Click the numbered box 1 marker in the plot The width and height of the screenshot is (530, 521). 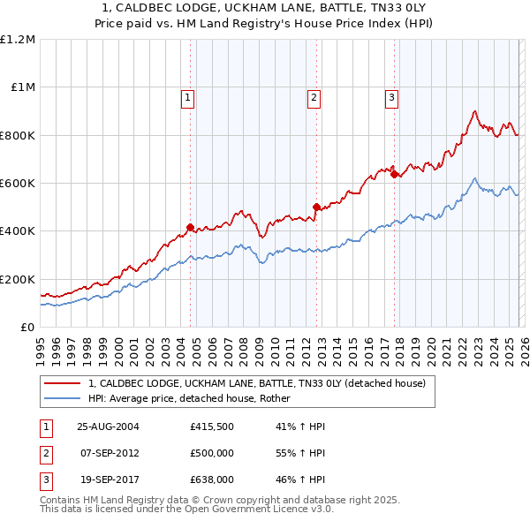(x=189, y=98)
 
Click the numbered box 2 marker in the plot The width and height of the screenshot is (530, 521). (x=314, y=98)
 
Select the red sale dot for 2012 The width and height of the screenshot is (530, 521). (x=315, y=208)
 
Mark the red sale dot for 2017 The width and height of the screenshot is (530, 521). (x=394, y=175)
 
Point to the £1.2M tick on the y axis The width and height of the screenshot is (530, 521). (x=18, y=40)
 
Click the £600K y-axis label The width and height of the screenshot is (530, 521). (x=18, y=184)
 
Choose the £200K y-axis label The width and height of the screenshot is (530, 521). (x=18, y=279)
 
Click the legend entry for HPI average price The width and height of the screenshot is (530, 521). (x=195, y=398)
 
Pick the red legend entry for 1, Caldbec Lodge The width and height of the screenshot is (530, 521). (x=257, y=383)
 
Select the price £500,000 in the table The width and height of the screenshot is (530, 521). (x=212, y=453)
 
